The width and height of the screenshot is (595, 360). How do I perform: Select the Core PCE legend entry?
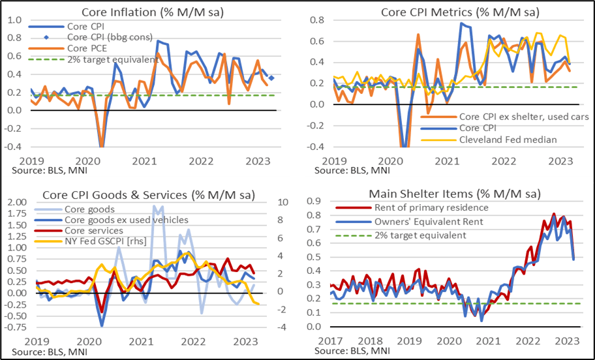(x=91, y=48)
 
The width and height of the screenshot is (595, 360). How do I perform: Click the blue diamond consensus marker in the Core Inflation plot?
(x=271, y=78)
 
